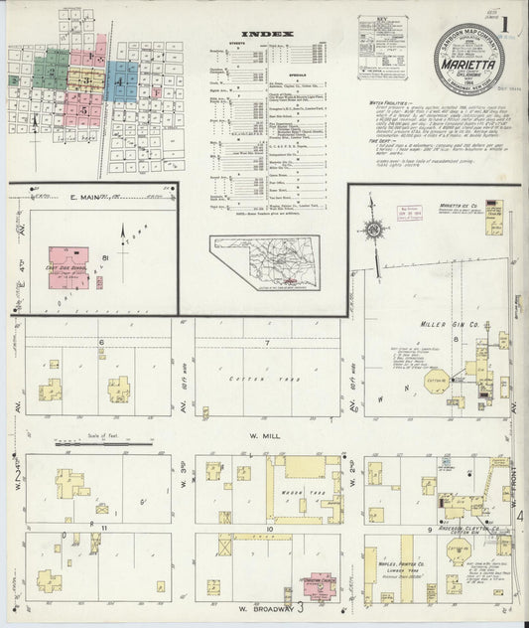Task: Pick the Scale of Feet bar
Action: pyautogui.click(x=81, y=438)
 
